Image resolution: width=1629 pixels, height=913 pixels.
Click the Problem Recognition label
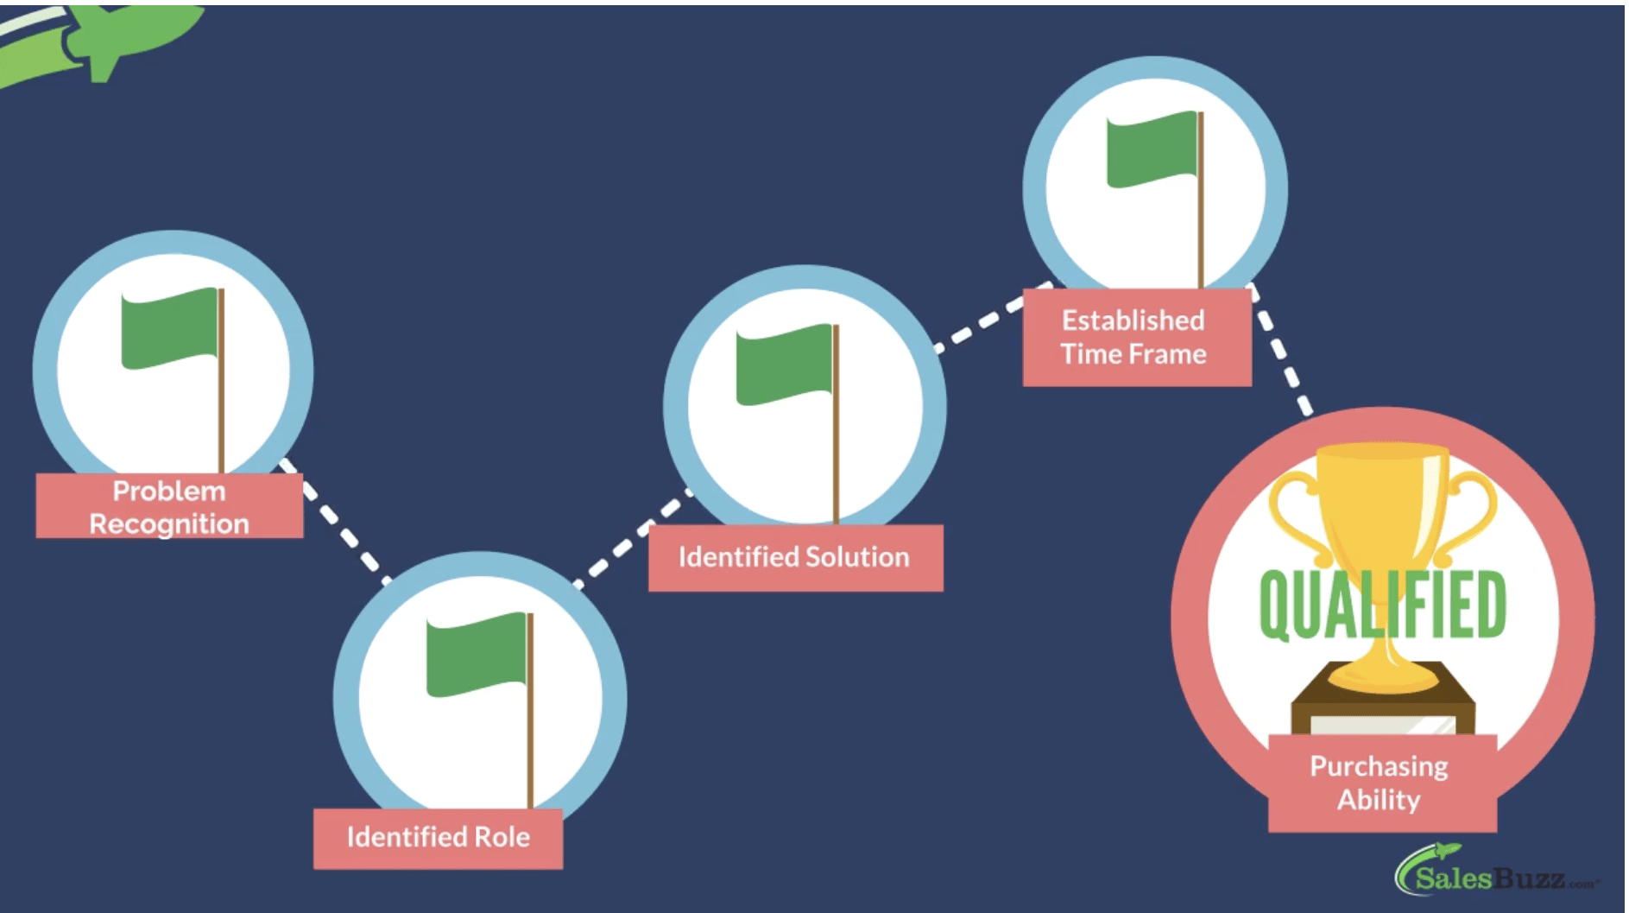(169, 506)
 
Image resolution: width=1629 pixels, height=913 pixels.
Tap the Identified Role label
(438, 837)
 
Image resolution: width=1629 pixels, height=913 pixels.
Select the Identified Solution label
(794, 557)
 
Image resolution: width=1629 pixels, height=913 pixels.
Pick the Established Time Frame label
(1134, 337)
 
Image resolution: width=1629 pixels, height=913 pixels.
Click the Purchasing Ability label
(1380, 783)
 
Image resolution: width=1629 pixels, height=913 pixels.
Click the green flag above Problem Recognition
(170, 328)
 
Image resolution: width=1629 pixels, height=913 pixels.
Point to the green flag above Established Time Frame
(1152, 149)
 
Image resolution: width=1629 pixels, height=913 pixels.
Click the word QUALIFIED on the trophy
(1382, 605)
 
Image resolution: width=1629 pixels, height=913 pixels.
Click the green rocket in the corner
(104, 39)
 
